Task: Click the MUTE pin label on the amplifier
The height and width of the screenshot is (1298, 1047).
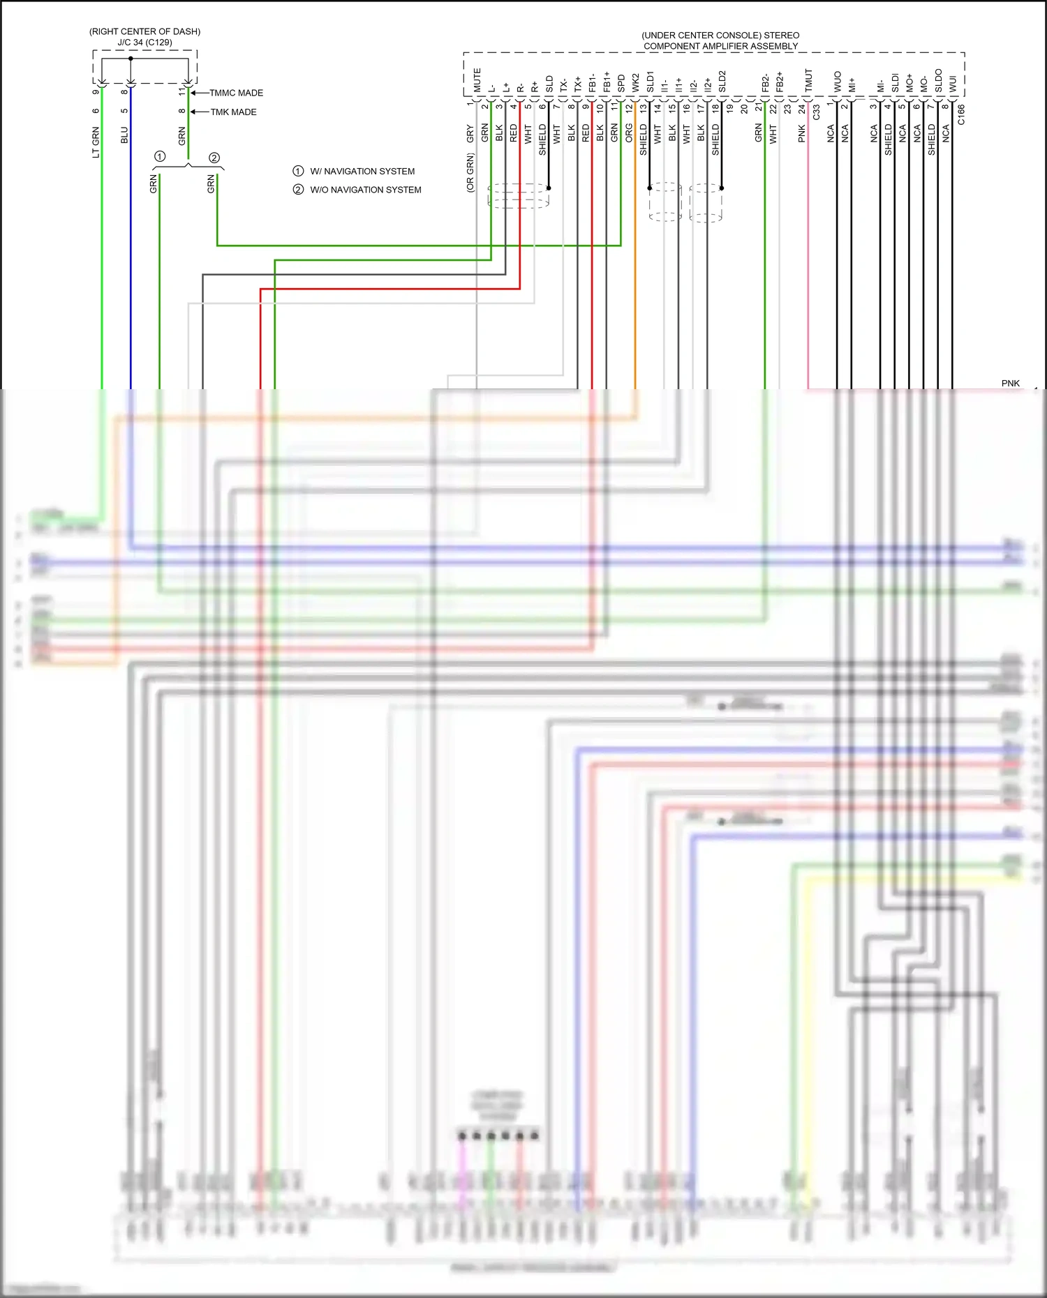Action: (477, 80)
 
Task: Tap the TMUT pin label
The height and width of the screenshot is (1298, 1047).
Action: (809, 80)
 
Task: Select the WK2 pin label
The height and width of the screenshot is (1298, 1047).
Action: (636, 82)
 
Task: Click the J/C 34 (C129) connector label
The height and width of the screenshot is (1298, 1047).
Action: (144, 43)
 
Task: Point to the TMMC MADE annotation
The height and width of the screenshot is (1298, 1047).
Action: (236, 93)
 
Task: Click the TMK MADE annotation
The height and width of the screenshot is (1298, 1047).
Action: (233, 112)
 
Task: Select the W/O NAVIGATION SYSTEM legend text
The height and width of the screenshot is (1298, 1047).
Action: (365, 190)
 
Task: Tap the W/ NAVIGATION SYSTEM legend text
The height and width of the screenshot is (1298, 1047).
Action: (362, 172)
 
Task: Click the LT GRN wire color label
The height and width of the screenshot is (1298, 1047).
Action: (96, 142)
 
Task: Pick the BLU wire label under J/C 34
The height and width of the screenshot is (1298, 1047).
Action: (124, 135)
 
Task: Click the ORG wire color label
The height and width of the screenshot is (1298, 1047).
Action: (629, 133)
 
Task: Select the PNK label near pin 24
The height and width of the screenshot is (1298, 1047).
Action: (801, 134)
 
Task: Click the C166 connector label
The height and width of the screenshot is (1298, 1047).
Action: (961, 115)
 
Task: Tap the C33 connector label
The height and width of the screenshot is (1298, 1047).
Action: (816, 112)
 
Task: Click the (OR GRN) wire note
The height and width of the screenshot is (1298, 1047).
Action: (470, 172)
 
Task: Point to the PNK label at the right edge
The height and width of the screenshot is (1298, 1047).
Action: (1010, 384)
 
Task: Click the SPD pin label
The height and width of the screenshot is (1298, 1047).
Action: (621, 84)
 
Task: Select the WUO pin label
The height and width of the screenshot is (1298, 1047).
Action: (838, 82)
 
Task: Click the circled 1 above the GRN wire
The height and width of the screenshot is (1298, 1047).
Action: (160, 156)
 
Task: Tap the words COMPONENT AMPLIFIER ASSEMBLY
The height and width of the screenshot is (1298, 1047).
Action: (720, 47)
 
